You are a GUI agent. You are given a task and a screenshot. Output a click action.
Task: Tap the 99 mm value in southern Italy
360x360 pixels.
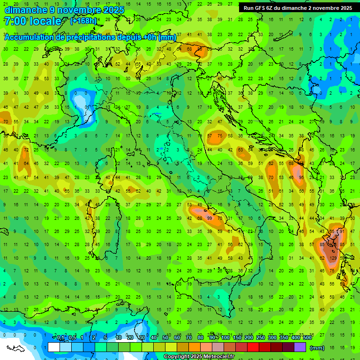[210, 218]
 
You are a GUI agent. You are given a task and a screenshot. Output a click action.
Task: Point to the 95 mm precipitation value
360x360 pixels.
[301, 178]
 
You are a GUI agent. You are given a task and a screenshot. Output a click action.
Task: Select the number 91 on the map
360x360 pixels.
[342, 231]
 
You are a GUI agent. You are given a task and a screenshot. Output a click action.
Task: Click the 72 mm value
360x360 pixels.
[27, 150]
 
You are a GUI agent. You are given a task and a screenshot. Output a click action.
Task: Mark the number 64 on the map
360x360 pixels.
[27, 164]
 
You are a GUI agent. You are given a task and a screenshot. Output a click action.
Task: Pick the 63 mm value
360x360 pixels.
[240, 150]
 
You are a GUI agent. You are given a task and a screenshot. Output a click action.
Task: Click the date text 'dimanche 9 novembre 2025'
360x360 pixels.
[64, 10]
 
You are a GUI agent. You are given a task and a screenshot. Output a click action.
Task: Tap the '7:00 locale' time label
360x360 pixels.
[32, 21]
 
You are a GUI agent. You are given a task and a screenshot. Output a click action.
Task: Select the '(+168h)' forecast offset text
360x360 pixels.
[84, 21]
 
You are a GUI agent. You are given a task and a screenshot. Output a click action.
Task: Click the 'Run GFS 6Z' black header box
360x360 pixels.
[298, 8]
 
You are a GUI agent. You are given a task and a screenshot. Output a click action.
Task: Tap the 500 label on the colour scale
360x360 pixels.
[307, 338]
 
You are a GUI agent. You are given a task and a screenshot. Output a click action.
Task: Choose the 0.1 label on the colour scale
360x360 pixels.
[60, 338]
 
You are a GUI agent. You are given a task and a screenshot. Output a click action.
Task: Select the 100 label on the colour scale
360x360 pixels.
[225, 338]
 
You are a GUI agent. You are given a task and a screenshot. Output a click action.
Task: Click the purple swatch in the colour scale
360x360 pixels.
[300, 347]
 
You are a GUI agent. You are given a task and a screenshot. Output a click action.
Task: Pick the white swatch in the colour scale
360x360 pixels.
[54, 347]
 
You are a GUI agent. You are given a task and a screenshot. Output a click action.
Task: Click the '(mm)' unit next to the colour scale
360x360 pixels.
[317, 347]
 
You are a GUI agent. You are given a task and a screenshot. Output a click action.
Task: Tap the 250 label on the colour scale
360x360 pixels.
[260, 338]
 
